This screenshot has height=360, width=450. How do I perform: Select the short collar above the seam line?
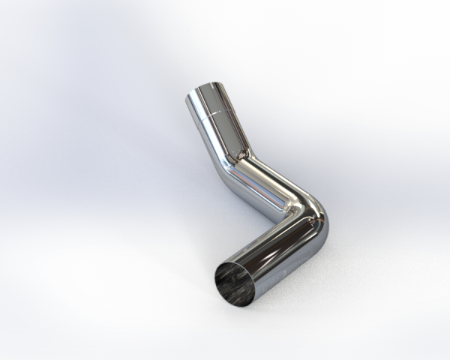coord(211,102)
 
